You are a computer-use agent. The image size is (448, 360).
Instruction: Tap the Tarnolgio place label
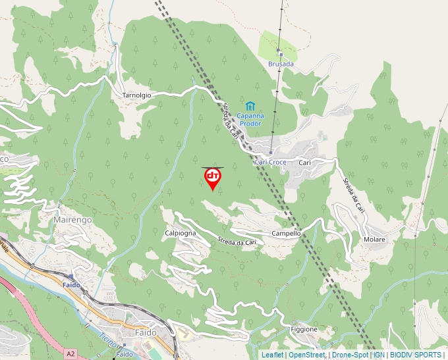137,95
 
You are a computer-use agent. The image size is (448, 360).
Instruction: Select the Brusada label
281,64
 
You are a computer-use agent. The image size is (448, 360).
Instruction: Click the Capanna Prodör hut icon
250,106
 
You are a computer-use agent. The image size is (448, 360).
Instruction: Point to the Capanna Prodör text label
250,119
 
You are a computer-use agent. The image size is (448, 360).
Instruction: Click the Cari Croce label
269,163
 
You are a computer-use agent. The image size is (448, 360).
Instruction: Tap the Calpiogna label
180,233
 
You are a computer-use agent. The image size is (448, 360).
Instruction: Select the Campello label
286,234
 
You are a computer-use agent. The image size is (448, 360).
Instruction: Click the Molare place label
374,240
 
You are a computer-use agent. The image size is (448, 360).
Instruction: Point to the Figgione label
304,329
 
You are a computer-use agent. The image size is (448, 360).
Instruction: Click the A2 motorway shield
70,354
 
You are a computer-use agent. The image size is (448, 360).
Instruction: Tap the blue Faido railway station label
71,285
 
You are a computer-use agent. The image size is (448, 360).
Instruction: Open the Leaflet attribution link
272,355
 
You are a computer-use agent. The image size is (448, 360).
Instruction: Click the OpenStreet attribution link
306,355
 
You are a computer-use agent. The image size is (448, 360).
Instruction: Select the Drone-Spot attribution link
350,355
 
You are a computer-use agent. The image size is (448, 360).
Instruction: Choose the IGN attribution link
379,355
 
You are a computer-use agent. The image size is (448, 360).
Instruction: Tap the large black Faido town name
146,333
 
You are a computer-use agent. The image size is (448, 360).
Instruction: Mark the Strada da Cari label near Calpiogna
236,242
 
